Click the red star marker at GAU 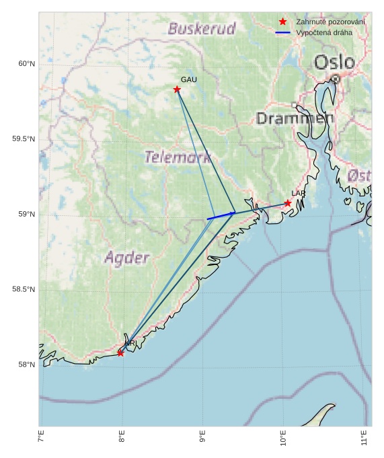tap(177, 89)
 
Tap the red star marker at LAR tap(288, 203)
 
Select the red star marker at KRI tap(121, 352)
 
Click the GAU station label tap(189, 79)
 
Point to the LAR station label tap(298, 194)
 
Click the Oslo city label tap(334, 63)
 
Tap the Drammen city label tap(295, 118)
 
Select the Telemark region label tap(178, 157)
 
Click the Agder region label tap(127, 258)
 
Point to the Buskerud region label tap(202, 29)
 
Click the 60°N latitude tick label tap(26, 64)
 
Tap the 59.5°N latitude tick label tap(24, 139)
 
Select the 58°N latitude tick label tap(26, 365)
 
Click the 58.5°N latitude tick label tap(24, 290)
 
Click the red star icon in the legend tap(282, 22)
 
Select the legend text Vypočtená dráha tap(324, 32)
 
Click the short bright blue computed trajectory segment tap(221, 216)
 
